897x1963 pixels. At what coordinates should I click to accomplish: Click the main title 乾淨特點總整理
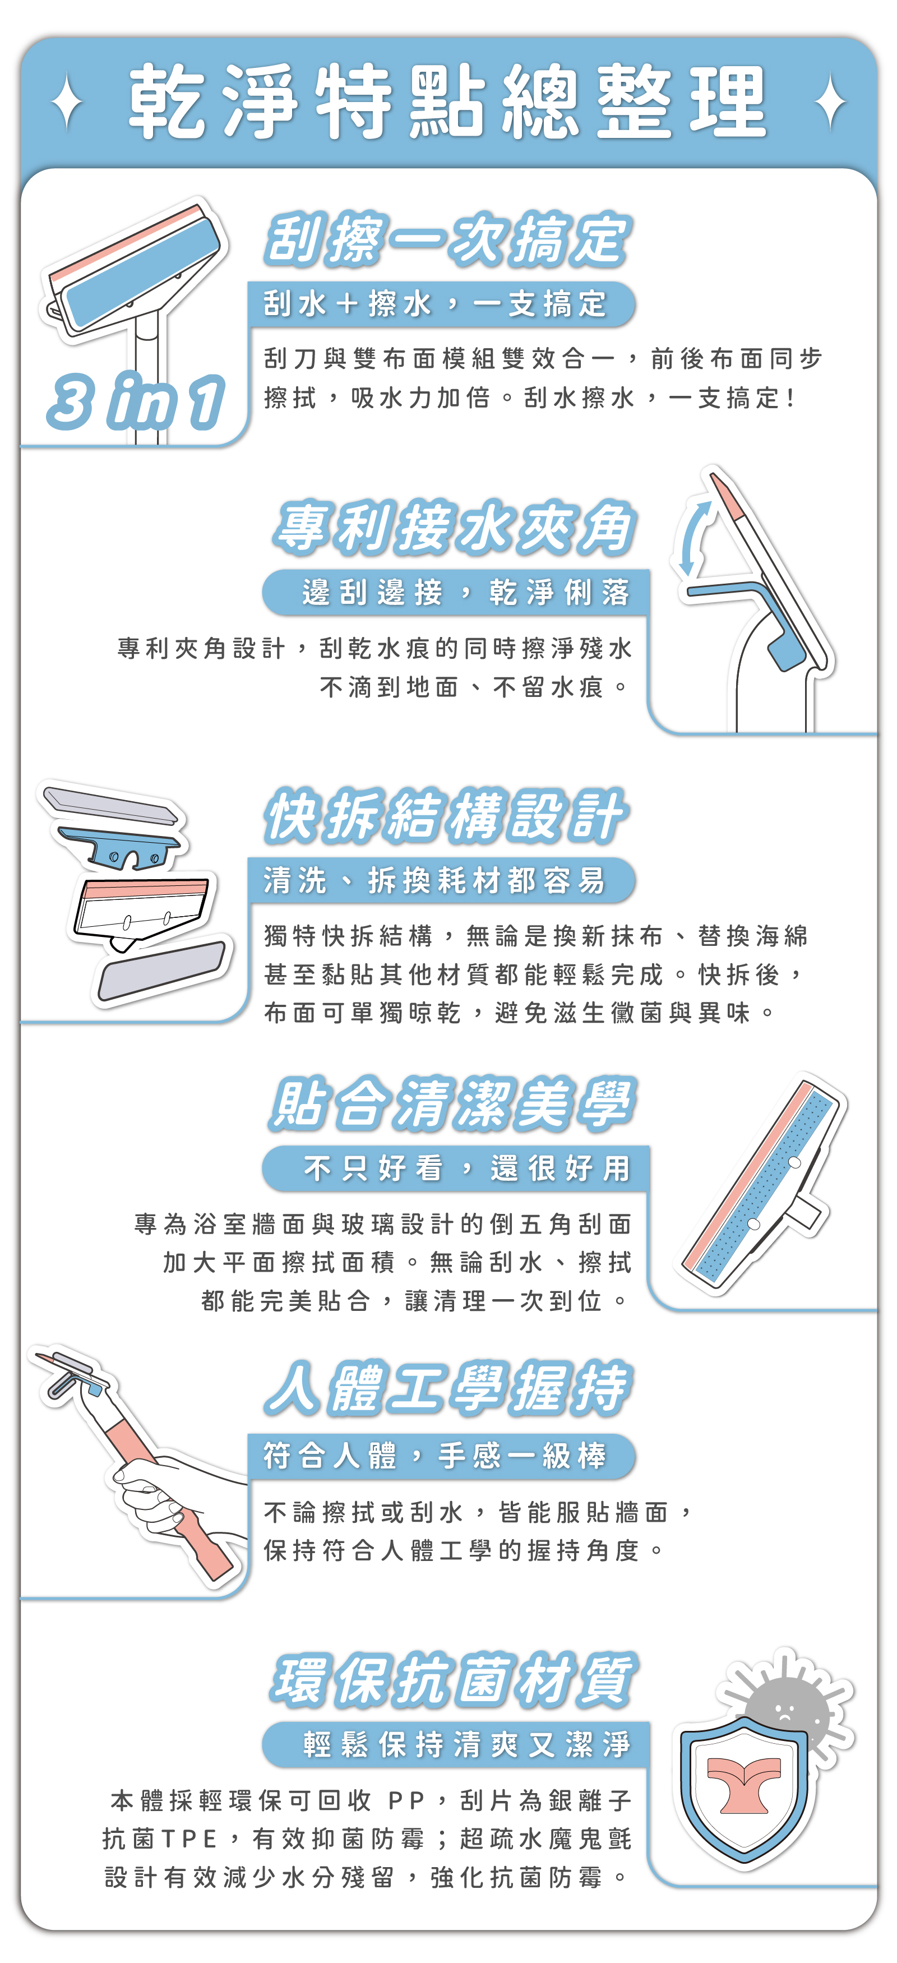[x=447, y=101]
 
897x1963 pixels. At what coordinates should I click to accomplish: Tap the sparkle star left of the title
[x=68, y=101]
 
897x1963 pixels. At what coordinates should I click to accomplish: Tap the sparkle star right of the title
[x=830, y=101]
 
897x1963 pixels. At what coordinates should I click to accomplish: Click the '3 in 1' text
[x=136, y=401]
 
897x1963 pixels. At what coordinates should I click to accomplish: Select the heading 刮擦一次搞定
[x=447, y=240]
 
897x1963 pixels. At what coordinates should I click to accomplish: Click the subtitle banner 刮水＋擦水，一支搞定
[x=441, y=304]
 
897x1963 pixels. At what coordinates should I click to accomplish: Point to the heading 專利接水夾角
[x=454, y=527]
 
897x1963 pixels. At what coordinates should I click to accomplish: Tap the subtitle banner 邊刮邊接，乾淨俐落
[x=455, y=592]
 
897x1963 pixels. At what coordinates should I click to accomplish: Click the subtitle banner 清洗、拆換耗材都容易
[x=441, y=880]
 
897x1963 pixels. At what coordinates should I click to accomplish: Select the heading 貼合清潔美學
[x=452, y=1103]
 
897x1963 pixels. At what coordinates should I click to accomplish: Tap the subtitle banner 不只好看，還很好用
[x=455, y=1168]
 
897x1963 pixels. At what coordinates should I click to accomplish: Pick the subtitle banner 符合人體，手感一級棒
[x=441, y=1456]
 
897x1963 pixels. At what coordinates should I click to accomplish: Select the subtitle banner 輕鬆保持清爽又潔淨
[x=455, y=1744]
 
